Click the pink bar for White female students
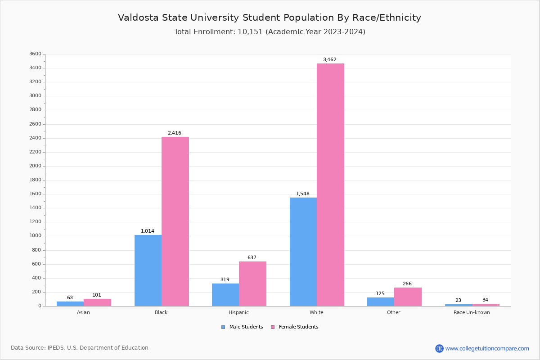tap(330, 184)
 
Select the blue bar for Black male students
tap(148, 270)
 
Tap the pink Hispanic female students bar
tap(252, 283)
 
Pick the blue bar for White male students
tap(303, 252)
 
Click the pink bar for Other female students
tap(408, 297)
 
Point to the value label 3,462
tap(329, 60)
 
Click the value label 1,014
tap(148, 231)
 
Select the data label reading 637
tap(252, 258)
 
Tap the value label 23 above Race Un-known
tap(458, 301)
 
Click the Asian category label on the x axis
tap(83, 312)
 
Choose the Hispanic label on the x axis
tap(238, 312)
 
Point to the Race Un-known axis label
tap(472, 312)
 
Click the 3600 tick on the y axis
tap(36, 54)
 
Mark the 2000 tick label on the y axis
tap(36, 166)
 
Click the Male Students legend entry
tap(246, 327)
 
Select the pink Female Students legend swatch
tap(273, 327)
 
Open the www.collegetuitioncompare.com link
tap(487, 348)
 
